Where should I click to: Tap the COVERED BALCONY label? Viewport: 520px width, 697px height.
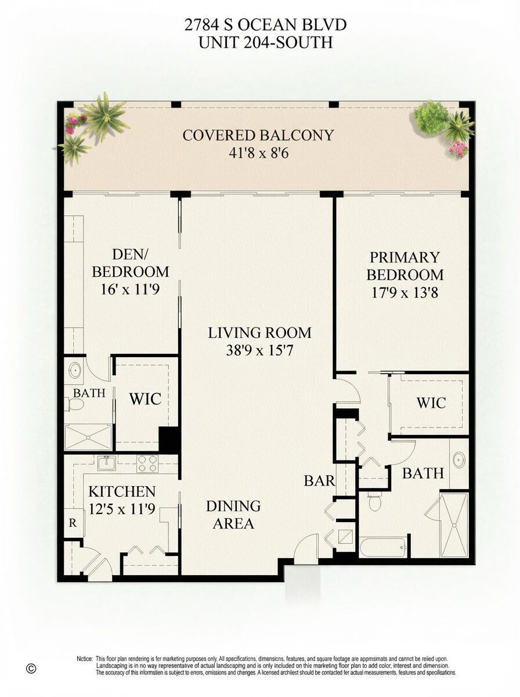258,135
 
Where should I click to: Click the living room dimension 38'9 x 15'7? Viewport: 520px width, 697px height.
259,350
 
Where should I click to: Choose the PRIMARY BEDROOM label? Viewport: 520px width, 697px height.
405,266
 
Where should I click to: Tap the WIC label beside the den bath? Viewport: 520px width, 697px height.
145,398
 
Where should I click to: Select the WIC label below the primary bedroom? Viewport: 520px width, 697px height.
431,403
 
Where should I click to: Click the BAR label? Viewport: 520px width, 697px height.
319,480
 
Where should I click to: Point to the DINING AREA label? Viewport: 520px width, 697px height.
233,515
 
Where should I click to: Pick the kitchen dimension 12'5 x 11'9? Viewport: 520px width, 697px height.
122,509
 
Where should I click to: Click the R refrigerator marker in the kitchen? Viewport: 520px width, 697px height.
73,522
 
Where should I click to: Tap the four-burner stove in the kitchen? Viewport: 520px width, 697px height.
147,464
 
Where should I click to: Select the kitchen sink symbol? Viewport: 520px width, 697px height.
107,463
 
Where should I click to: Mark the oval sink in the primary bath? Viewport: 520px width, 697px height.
458,460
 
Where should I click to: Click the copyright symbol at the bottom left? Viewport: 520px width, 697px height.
31,669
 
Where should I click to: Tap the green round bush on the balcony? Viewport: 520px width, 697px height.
431,117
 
